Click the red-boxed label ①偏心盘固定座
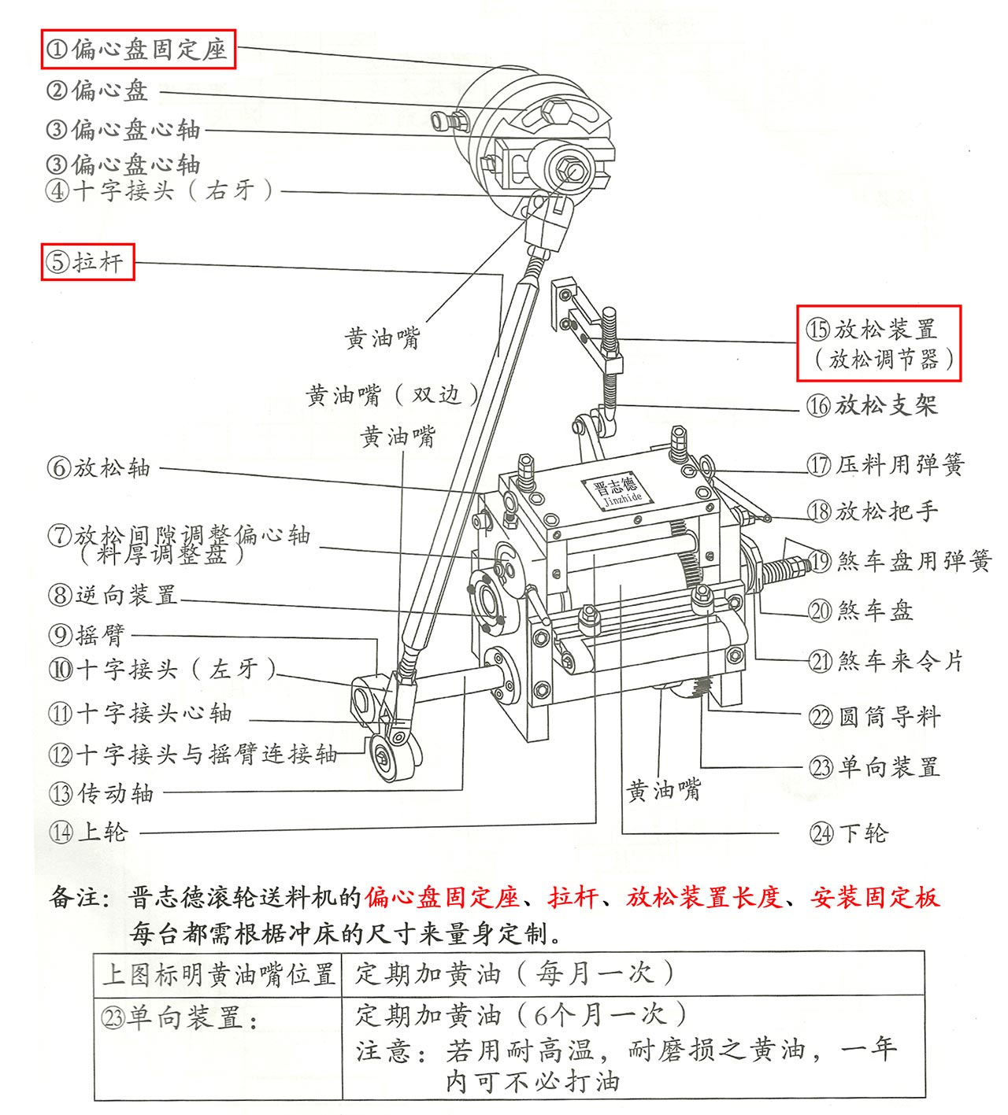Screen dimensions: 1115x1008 tap(138, 50)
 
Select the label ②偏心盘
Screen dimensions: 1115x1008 tap(98, 90)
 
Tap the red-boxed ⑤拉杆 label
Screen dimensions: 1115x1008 tap(87, 261)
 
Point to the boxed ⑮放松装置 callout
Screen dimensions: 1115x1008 tap(879, 343)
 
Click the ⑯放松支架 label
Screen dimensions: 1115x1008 tap(872, 405)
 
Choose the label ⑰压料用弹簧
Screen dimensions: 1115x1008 tap(885, 464)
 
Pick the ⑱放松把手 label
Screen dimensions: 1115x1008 tap(873, 511)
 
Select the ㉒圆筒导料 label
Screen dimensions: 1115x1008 tap(874, 716)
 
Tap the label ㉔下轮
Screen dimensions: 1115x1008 tap(848, 833)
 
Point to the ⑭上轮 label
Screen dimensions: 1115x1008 tap(87, 832)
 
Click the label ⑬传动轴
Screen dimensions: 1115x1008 tap(101, 792)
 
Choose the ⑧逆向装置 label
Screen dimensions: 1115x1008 tap(113, 594)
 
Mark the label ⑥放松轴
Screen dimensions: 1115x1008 tap(98, 467)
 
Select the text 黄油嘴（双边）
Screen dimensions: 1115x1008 tap(392, 394)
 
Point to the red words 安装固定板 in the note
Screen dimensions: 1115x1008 tap(874, 896)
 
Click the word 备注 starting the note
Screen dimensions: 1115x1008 tap(76, 896)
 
